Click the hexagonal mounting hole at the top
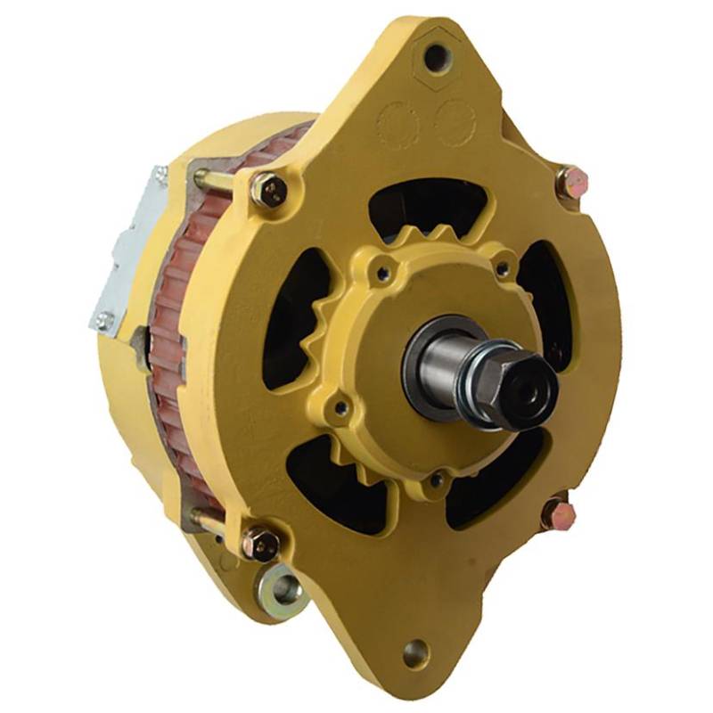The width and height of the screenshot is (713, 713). [x=434, y=57]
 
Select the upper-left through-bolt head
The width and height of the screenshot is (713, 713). [x=268, y=190]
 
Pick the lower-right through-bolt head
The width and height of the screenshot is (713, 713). [x=560, y=514]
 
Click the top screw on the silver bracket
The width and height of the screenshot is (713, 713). [x=159, y=175]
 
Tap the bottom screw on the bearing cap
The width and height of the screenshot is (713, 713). [x=436, y=480]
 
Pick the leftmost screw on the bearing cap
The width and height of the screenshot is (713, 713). [x=339, y=409]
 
